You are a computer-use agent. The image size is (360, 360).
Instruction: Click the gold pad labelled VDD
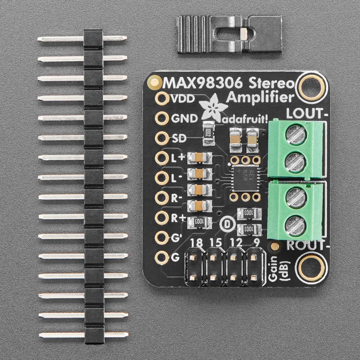click(x=162, y=98)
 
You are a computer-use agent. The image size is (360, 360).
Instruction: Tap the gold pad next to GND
click(x=162, y=118)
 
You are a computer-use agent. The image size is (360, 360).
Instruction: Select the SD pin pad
click(x=162, y=138)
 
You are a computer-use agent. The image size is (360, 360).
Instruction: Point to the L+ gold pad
click(x=162, y=158)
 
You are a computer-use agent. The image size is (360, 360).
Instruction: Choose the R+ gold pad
click(x=162, y=218)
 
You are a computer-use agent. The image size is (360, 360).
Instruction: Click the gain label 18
click(x=196, y=242)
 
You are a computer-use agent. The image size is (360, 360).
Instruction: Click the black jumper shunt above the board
click(x=229, y=34)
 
